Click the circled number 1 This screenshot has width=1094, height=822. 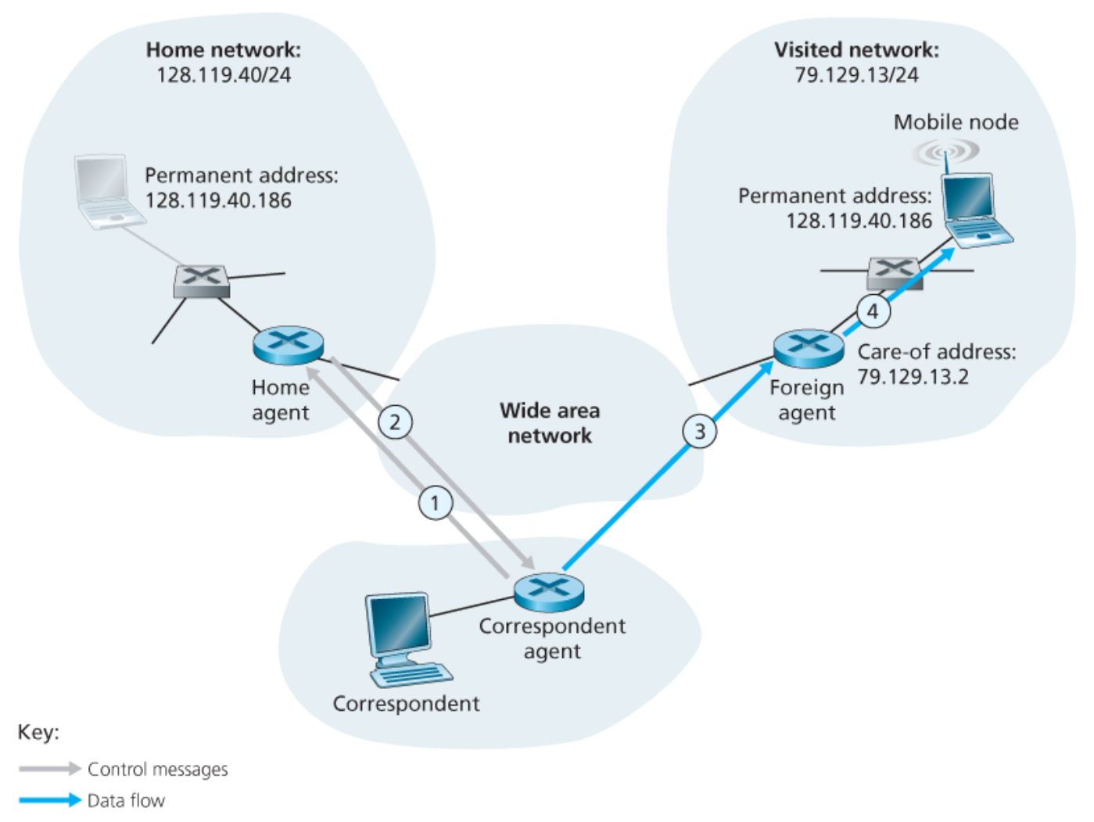(436, 502)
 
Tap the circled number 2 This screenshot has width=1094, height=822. (395, 422)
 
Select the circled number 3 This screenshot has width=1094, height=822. (700, 431)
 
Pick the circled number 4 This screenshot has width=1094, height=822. (873, 310)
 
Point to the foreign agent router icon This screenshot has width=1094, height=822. (808, 348)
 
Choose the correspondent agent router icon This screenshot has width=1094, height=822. (549, 592)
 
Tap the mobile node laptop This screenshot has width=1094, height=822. (974, 211)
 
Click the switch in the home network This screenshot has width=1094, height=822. (201, 281)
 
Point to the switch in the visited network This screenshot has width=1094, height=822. (895, 272)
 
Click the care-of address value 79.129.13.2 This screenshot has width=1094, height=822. (913, 377)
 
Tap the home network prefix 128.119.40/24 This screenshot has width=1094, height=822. (224, 75)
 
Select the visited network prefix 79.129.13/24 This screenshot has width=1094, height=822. (856, 75)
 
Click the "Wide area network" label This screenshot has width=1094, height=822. (550, 422)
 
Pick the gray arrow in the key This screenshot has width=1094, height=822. (50, 769)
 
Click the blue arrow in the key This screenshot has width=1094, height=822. (50, 800)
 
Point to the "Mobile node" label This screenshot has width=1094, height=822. (956, 122)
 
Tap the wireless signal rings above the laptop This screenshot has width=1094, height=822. (945, 150)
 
